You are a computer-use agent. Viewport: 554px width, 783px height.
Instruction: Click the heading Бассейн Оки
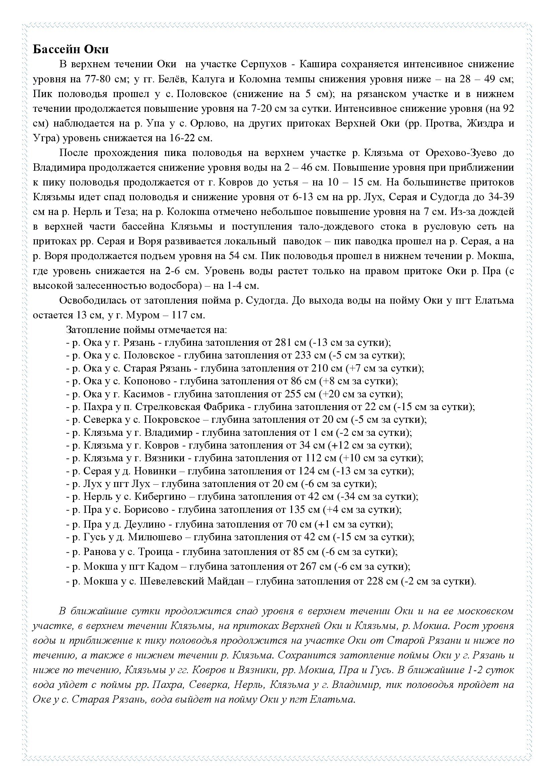pos(71,50)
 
